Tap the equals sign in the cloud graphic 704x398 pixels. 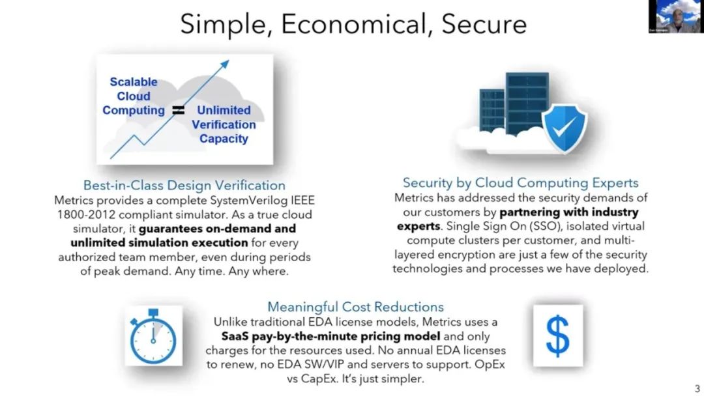(x=177, y=110)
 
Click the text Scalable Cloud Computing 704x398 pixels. (x=134, y=96)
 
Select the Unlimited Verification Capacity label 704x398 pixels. (x=224, y=124)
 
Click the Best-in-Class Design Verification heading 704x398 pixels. (x=184, y=186)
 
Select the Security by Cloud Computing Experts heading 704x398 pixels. (x=520, y=183)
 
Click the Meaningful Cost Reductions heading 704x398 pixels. (x=355, y=307)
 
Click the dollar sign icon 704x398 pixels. (x=557, y=335)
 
